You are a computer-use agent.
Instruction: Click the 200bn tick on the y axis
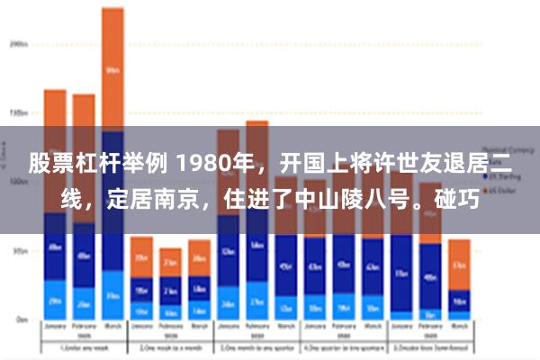point(19,42)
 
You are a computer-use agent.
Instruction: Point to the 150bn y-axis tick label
point(19,113)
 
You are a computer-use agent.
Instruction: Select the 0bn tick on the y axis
point(20,319)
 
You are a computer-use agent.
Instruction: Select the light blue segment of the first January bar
point(55,300)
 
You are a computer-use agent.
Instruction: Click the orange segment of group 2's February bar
point(170,262)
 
